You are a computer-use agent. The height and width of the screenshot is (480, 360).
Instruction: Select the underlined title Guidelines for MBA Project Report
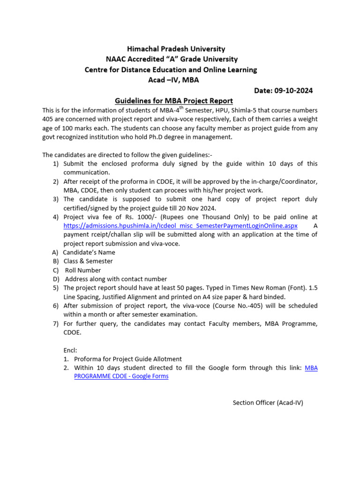tap(174, 101)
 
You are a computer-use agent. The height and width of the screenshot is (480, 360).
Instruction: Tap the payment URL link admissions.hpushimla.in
tap(180, 225)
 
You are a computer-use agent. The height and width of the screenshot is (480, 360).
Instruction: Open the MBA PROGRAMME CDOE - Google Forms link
tap(121, 376)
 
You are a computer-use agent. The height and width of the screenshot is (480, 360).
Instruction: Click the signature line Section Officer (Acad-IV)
tap(268, 402)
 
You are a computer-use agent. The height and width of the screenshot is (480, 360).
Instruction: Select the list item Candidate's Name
tap(89, 252)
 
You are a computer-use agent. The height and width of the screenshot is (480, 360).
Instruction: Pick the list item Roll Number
tap(83, 270)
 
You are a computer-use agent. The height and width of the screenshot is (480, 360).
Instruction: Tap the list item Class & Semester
tap(88, 261)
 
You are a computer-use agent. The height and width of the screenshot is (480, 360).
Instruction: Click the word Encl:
tap(70, 350)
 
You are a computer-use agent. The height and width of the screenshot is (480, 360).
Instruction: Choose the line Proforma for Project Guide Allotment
tap(128, 359)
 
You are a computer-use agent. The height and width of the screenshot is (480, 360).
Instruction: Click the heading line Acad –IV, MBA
tap(173, 80)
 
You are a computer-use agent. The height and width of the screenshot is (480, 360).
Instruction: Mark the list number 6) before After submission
tap(55, 306)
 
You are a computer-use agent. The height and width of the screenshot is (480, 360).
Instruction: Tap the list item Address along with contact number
tap(115, 279)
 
